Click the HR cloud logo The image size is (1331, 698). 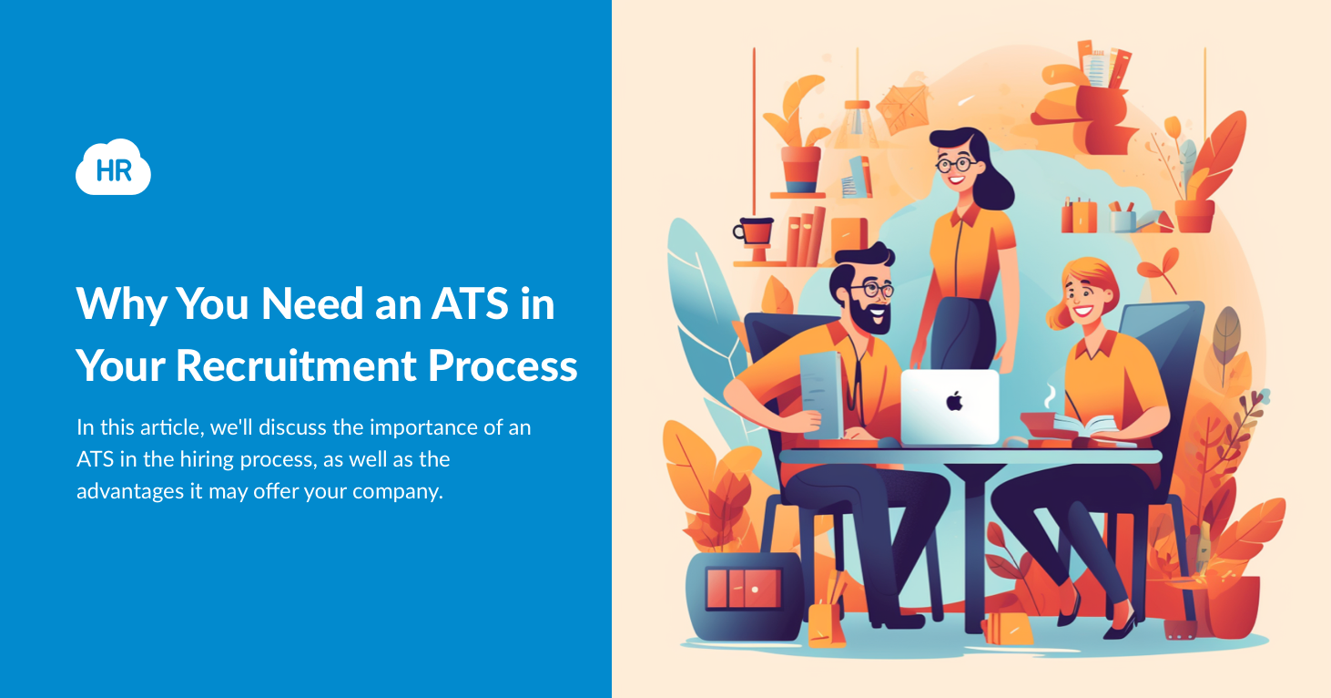pos(113,168)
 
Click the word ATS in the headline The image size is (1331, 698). pos(460,303)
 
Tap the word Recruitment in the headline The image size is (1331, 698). pos(296,364)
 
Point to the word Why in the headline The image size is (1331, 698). pos(120,303)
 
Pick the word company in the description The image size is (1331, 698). pos(398,491)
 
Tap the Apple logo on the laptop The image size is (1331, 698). pos(953,400)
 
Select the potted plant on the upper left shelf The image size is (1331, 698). pos(798,150)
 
